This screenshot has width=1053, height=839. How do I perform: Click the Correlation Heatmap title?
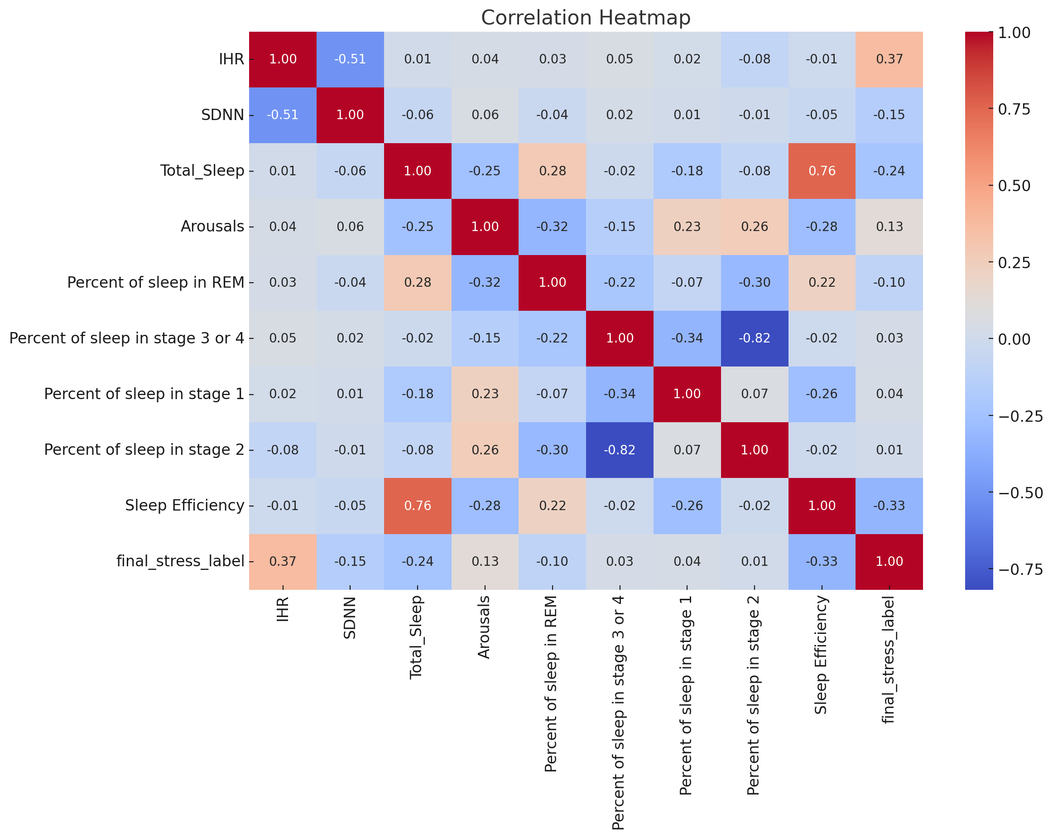[x=586, y=18]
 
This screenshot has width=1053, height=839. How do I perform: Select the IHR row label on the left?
[x=231, y=59]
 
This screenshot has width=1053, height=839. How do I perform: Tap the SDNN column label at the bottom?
[x=350, y=617]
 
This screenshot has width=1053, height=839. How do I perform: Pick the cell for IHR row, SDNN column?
[x=350, y=59]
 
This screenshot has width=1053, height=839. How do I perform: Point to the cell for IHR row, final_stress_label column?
[x=890, y=59]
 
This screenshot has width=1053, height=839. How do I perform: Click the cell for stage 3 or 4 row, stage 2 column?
[x=755, y=338]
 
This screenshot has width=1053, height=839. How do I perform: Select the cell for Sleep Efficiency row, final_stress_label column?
[x=890, y=506]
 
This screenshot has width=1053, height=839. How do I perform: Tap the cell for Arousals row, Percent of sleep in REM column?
[x=553, y=227]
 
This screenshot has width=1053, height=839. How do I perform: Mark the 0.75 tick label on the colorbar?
[x=1014, y=109]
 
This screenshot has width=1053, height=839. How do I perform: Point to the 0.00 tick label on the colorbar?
[x=1014, y=339]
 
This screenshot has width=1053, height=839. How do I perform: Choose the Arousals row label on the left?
[x=212, y=227]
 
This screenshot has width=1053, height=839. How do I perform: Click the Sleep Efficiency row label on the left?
[x=185, y=505]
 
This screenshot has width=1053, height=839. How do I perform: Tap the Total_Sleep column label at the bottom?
[x=416, y=638]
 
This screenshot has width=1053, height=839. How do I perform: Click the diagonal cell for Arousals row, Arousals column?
[x=485, y=227]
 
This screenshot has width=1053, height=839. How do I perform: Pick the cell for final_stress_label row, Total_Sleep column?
[x=418, y=561]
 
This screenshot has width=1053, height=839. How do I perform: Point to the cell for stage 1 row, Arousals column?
[x=485, y=394]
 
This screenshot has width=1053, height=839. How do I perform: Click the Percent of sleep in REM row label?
[x=156, y=282]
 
